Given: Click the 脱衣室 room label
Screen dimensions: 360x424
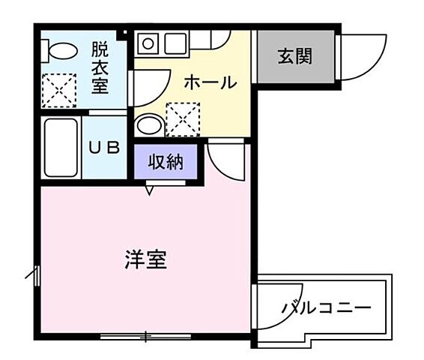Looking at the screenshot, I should point(100,67).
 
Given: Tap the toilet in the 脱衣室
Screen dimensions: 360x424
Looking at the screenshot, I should point(61,50).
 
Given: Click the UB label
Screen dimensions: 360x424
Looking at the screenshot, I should point(105,148).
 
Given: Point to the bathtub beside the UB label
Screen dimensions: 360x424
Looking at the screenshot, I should point(60,147).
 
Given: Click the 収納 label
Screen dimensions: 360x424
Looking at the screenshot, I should point(166,161).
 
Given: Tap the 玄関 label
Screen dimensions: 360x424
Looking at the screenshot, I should point(294,56).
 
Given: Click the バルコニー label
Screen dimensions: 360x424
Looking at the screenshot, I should point(326,308).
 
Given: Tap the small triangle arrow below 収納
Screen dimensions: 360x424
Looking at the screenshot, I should point(150,191).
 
